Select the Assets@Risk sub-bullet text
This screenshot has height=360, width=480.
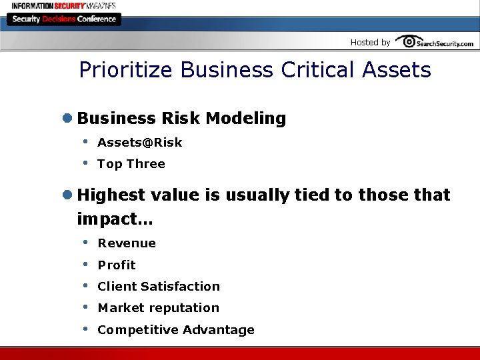click(x=139, y=143)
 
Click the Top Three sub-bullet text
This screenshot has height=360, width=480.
click(x=131, y=164)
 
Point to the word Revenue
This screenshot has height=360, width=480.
click(x=127, y=243)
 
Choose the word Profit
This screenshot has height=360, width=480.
click(x=117, y=265)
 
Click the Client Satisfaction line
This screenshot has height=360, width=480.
click(x=159, y=287)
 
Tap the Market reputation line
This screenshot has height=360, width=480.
click(x=158, y=308)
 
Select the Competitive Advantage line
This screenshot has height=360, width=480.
click(x=176, y=330)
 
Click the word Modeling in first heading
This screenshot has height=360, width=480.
click(x=246, y=119)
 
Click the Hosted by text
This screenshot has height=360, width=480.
click(x=370, y=43)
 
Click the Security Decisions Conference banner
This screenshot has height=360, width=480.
click(x=63, y=19)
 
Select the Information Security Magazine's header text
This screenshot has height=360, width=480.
click(x=63, y=5)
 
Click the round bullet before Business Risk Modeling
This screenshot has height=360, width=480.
click(x=67, y=119)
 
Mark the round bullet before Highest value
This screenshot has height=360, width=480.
click(x=67, y=195)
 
